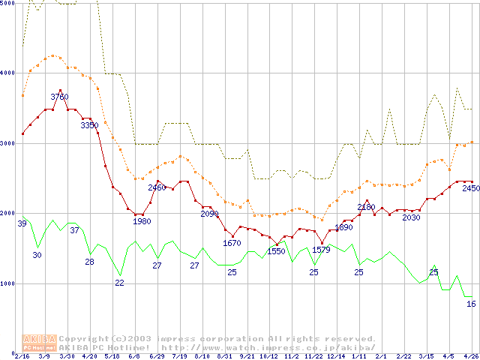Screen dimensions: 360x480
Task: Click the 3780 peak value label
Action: pyautogui.click(x=59, y=97)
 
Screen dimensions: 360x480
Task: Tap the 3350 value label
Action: pyautogui.click(x=89, y=125)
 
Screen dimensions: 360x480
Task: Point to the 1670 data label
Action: pyautogui.click(x=232, y=243)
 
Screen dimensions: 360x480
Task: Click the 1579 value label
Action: pyautogui.click(x=321, y=250)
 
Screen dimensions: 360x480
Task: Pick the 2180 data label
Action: pyautogui.click(x=366, y=207)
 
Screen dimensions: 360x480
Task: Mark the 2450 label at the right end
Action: pyautogui.click(x=470, y=189)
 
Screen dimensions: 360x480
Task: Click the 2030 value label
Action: pyautogui.click(x=411, y=217)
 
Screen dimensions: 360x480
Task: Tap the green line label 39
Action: pyautogui.click(x=22, y=223)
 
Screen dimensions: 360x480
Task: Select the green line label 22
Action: pyautogui.click(x=119, y=282)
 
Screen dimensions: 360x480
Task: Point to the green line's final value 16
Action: pyautogui.click(x=471, y=304)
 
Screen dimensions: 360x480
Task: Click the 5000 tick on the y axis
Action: pyautogui.click(x=8, y=4)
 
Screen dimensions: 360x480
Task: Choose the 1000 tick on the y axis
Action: pyautogui.click(x=8, y=283)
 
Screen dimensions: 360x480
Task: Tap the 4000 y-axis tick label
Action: pyautogui.click(x=8, y=73)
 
